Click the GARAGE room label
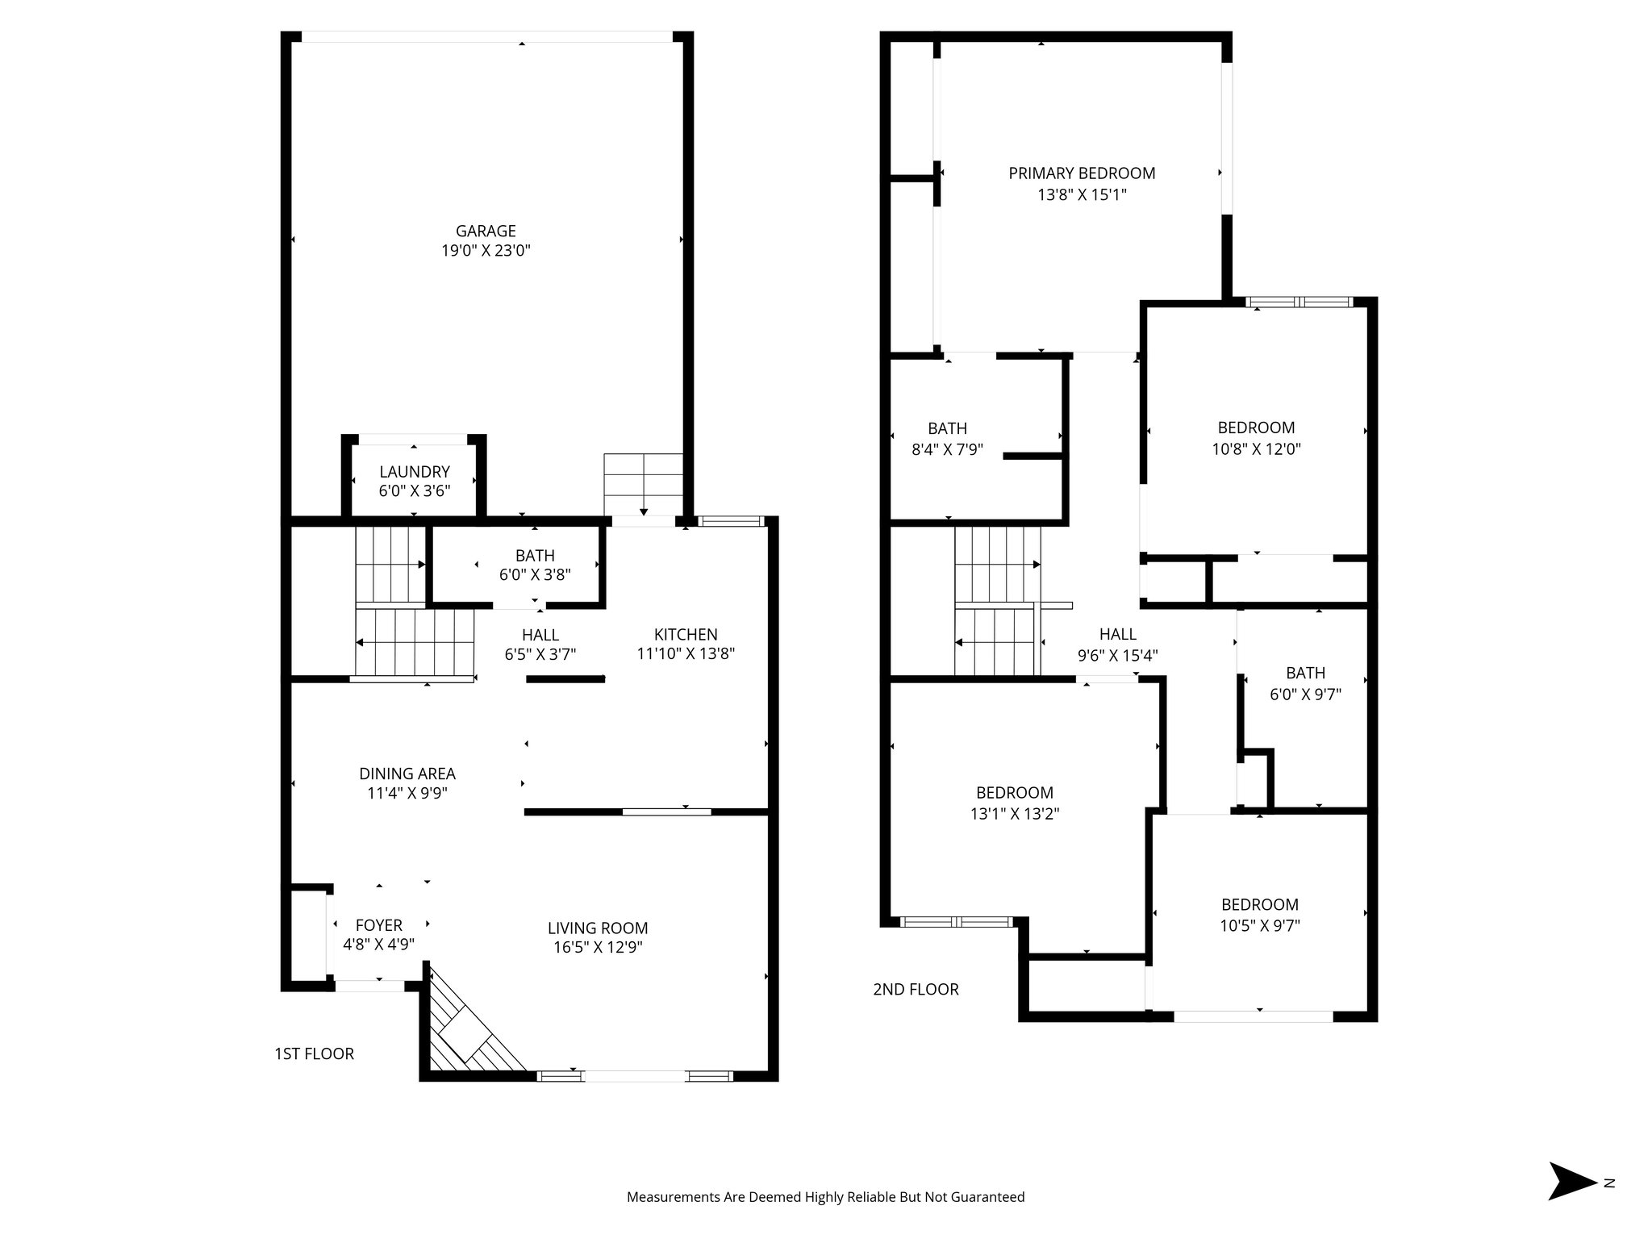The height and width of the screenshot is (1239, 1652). tap(486, 232)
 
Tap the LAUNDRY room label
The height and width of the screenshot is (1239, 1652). tap(415, 472)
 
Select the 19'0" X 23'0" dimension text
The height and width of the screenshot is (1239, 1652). tap(486, 251)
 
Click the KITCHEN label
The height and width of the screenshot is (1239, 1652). tap(686, 635)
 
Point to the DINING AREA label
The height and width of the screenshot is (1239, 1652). tap(407, 774)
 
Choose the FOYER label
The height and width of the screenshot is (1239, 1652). tap(378, 925)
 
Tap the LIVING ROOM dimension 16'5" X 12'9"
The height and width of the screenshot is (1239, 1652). tap(598, 948)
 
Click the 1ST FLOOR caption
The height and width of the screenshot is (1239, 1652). tap(314, 1053)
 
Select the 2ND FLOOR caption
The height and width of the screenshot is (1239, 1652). tap(916, 989)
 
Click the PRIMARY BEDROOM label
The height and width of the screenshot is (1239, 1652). tap(1082, 173)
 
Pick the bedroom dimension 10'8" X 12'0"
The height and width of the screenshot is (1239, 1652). tap(1256, 448)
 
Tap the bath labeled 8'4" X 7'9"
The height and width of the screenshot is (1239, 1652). tap(947, 449)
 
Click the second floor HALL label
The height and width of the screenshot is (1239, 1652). tap(1117, 635)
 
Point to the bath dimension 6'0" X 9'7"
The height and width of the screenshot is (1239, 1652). tap(1305, 694)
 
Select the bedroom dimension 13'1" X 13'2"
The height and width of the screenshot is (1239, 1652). tap(1015, 814)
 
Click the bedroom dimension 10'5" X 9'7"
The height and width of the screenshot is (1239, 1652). tap(1260, 926)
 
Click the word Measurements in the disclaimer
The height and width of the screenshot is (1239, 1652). tap(673, 1197)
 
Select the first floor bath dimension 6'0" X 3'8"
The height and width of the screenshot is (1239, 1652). tap(535, 575)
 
